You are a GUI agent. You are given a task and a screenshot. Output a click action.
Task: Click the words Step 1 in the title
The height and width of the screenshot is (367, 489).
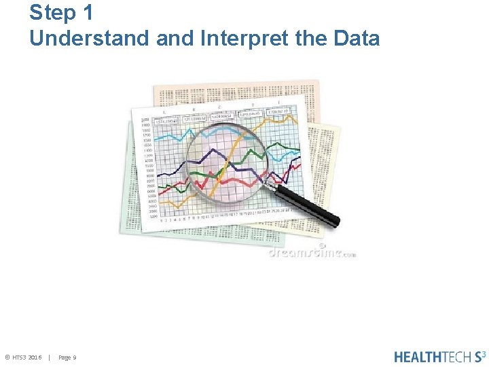tap(61, 13)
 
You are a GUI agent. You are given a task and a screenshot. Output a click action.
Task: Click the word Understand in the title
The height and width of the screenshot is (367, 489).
tap(90, 39)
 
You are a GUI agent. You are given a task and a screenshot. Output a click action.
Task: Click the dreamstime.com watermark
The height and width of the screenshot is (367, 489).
tap(311, 252)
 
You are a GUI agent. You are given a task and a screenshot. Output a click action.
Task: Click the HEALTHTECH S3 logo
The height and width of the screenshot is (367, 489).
tap(439, 356)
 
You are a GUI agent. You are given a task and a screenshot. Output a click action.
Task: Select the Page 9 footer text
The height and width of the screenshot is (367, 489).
tap(67, 357)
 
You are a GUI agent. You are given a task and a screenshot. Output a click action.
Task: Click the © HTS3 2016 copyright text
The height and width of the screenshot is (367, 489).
tap(24, 357)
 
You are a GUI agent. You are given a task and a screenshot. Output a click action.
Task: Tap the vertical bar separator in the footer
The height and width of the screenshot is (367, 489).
tap(50, 357)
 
